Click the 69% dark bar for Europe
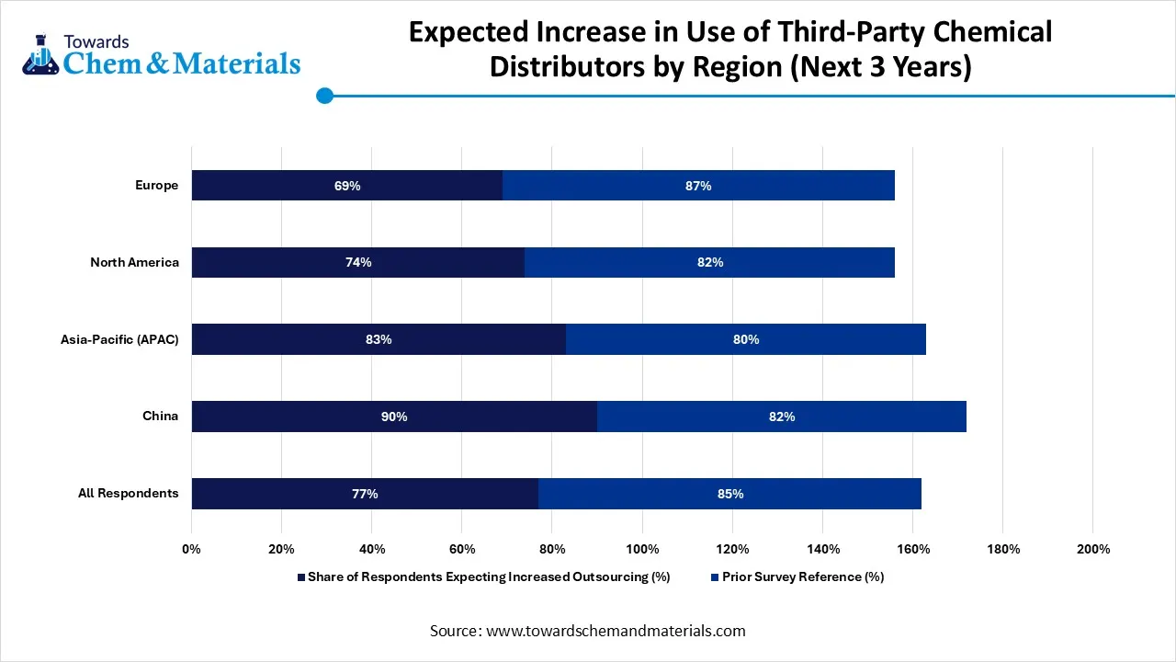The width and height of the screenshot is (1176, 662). click(347, 186)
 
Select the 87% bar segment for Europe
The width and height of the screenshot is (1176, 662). click(698, 186)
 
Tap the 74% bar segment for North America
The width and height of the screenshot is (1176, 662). click(358, 262)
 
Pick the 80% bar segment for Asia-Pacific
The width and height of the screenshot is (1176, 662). click(746, 339)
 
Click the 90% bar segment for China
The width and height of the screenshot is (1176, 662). click(394, 417)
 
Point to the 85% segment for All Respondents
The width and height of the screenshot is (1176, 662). click(730, 494)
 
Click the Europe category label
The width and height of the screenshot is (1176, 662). click(156, 186)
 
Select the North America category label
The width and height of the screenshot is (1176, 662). click(134, 262)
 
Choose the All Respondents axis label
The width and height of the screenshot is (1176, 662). click(128, 494)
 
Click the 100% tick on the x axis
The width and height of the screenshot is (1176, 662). click(641, 549)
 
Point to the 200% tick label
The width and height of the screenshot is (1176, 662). click(1091, 549)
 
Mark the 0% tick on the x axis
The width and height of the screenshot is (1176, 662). click(191, 549)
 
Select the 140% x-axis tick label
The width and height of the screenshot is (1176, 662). click(821, 549)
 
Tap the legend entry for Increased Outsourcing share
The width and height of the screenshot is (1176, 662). click(488, 577)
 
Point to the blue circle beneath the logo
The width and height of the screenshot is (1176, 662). click(324, 96)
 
